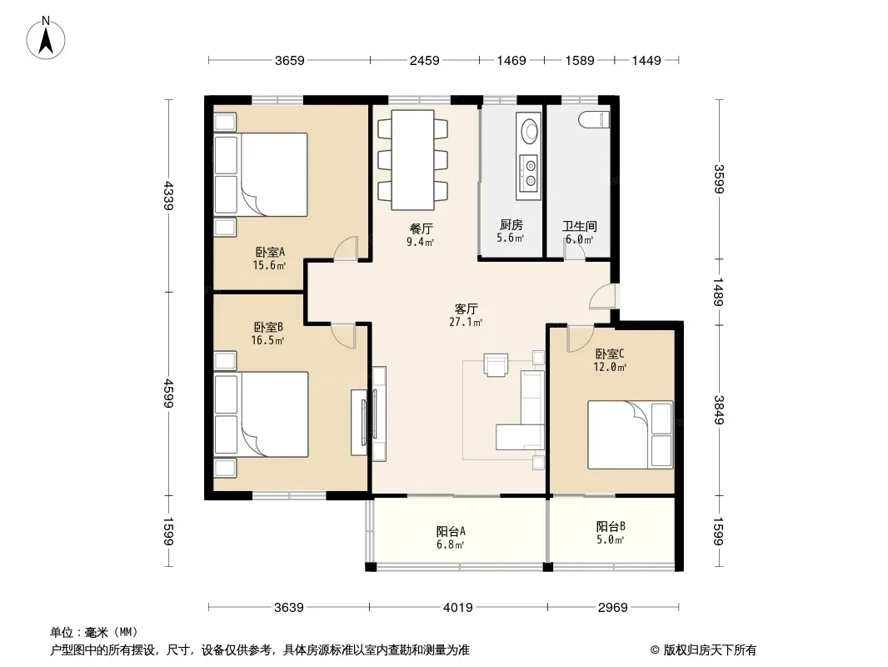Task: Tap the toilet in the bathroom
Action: tap(593, 119)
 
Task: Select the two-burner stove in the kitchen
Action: tap(530, 173)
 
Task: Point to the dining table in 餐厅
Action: tap(413, 160)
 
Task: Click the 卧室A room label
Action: tap(270, 252)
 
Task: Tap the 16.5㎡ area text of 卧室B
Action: tap(267, 340)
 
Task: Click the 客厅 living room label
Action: tap(466, 308)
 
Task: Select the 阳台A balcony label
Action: tap(451, 532)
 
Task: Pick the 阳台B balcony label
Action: tap(611, 526)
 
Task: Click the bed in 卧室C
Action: tap(631, 434)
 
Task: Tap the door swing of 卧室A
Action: tap(346, 248)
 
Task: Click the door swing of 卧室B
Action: tap(343, 335)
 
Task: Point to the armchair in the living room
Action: tap(496, 364)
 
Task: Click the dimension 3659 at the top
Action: tap(289, 61)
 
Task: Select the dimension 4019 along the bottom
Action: tap(457, 608)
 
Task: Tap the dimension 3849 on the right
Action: tap(719, 409)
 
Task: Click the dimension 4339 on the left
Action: tap(167, 195)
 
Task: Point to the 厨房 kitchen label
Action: tap(511, 225)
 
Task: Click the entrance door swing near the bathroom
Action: tap(602, 296)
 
